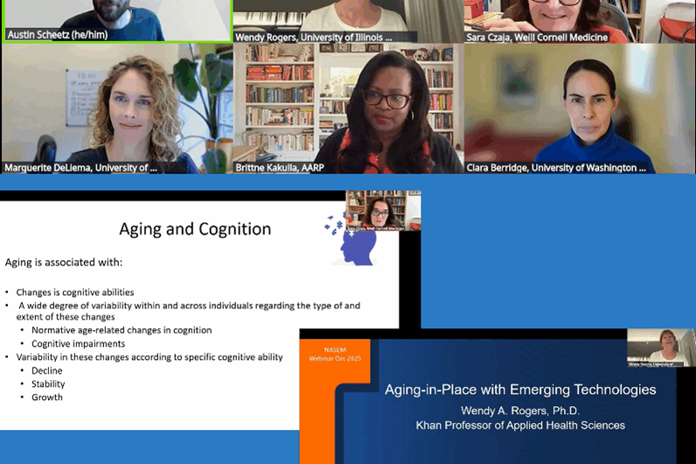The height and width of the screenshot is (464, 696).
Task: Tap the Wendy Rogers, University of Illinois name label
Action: tap(314, 37)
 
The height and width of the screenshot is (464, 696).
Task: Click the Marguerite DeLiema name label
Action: tap(81, 167)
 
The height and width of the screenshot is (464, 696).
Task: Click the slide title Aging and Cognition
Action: tap(195, 229)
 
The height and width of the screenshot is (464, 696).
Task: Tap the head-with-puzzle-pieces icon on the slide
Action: tap(353, 243)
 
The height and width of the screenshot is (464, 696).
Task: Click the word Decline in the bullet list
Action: tap(48, 370)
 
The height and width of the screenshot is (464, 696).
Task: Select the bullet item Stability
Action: tap(48, 383)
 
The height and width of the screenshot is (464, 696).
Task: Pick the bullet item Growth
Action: tap(47, 397)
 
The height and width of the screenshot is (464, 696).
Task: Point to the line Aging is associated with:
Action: tap(64, 262)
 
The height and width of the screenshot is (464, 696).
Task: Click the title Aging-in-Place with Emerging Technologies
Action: tap(520, 390)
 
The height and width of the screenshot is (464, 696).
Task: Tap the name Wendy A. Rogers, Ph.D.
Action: tap(520, 410)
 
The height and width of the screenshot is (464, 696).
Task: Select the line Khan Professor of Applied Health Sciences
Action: tap(520, 425)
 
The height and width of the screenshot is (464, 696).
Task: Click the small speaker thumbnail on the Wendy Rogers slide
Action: tap(660, 348)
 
